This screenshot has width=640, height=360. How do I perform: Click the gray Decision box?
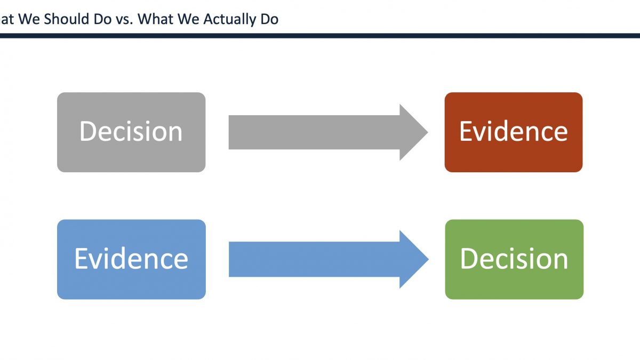(131, 132)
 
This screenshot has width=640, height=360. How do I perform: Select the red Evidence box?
(514, 132)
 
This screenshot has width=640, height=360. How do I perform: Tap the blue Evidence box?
(131, 259)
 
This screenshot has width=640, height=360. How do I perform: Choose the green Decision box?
(514, 259)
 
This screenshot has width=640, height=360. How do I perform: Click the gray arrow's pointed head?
(428, 132)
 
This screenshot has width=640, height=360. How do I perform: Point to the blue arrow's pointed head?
(428, 259)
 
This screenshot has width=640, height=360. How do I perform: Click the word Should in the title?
(66, 19)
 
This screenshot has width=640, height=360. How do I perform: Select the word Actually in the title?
(230, 20)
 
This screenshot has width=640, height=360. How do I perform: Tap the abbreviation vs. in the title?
(124, 21)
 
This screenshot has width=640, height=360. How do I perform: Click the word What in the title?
(155, 19)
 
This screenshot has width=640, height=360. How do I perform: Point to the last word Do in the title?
(269, 19)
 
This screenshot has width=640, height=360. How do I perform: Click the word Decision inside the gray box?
(131, 131)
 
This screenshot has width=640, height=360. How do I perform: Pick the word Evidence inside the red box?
(514, 131)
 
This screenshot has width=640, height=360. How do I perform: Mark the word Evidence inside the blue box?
(131, 259)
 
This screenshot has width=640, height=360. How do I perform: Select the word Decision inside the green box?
(514, 259)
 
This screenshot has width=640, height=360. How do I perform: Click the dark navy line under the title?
(320, 36)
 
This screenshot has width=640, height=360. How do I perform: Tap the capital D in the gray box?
(87, 131)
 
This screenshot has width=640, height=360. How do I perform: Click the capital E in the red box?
(466, 131)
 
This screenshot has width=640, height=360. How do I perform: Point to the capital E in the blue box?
(81, 259)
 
